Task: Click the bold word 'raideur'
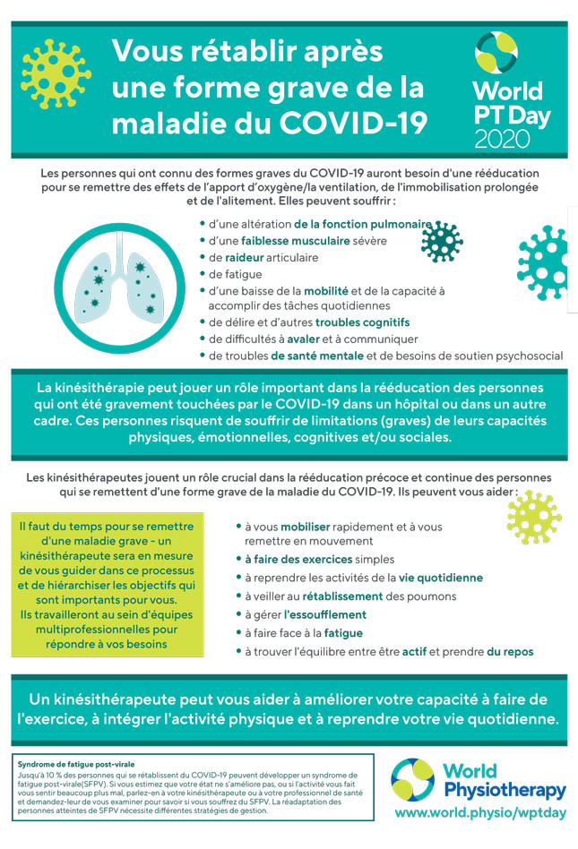click(242, 257)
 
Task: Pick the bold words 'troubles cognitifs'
click(362, 322)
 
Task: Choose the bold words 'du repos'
click(511, 651)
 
